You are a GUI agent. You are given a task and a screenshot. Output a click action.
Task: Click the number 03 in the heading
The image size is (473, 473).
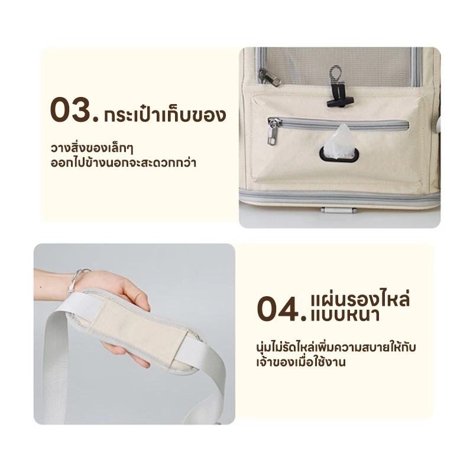point(74,110)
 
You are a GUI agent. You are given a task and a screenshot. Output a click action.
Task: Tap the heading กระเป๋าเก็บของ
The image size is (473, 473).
point(165,115)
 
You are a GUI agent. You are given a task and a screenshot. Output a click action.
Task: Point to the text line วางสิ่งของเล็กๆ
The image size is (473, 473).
point(92,148)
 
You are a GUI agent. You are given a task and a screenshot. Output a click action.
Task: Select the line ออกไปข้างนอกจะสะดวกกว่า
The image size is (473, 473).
point(124,163)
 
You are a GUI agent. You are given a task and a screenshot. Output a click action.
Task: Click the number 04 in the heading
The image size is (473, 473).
point(282,309)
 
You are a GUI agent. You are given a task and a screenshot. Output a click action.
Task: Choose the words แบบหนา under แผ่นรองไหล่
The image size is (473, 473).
point(345,316)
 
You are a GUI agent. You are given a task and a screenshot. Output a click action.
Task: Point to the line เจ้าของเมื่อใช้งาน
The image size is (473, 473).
point(301,362)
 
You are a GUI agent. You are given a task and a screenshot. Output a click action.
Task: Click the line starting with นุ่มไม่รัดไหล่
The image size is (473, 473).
point(336,347)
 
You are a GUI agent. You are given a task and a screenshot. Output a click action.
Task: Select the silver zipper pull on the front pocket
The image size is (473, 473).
point(273,132)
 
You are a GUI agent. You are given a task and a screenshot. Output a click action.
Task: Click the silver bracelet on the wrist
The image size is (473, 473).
point(78,278)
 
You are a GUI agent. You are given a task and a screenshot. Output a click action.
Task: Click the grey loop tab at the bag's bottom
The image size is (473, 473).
point(338,210)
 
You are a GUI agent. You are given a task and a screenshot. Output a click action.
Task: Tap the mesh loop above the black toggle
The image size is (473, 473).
point(335,74)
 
